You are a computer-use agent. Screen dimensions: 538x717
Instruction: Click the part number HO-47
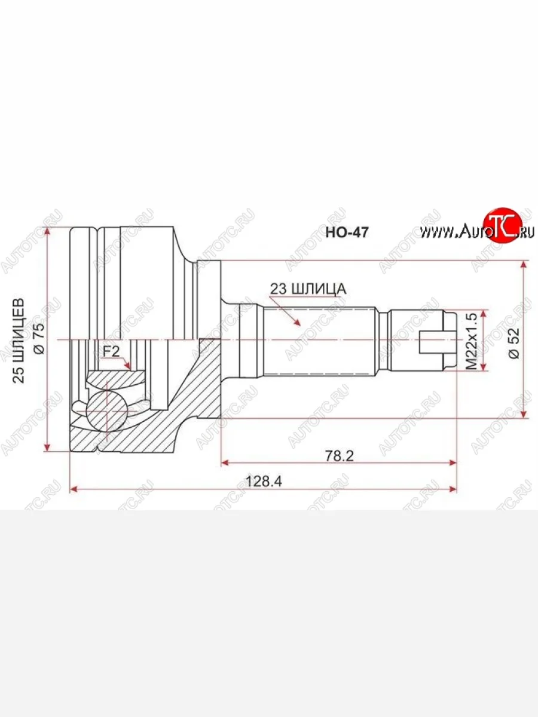(347, 232)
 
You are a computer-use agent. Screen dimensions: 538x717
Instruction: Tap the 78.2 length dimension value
(339, 455)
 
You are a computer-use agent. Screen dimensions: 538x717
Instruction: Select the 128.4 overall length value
(264, 481)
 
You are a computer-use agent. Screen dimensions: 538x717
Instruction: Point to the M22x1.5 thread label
(472, 341)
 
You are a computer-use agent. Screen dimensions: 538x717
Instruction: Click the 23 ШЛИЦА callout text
(308, 289)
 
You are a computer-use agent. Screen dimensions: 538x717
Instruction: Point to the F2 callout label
(111, 351)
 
